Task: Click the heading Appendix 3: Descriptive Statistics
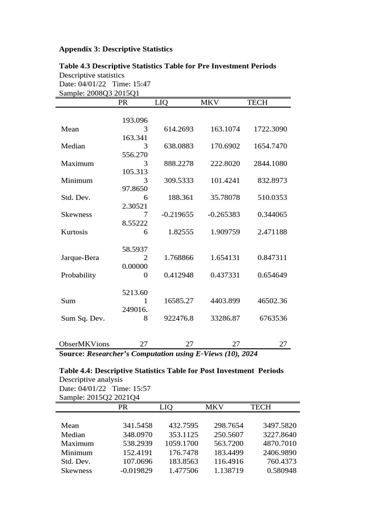point(116,49)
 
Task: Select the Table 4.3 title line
point(167,66)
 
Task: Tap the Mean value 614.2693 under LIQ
point(179,129)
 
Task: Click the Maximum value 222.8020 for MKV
point(225,164)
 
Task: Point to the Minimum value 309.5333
point(179,180)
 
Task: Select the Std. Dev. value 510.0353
point(272,198)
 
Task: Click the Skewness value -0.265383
point(224,215)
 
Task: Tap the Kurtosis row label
point(74,232)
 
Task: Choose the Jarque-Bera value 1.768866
point(179,258)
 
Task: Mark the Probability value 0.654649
point(272,275)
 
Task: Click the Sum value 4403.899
point(225,301)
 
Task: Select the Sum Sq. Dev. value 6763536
point(273,319)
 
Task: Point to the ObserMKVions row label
point(84,344)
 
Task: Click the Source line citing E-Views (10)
point(158,354)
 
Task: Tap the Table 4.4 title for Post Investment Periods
point(171,371)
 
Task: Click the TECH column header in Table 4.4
point(261,407)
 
